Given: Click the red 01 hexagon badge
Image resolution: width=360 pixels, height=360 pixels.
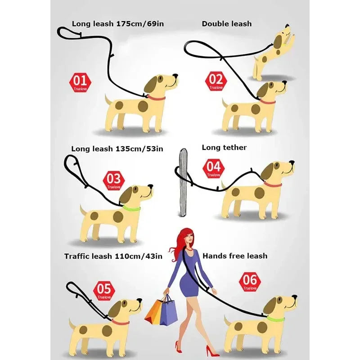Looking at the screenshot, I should (80, 82).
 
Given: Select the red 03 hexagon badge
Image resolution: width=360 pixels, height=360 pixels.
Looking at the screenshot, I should (114, 180).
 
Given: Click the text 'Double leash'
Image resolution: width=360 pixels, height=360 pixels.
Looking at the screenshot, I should (226, 23).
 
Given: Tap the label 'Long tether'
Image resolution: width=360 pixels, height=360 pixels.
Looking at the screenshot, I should (224, 147).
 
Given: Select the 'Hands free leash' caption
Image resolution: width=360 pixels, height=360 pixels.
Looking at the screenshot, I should (235, 256).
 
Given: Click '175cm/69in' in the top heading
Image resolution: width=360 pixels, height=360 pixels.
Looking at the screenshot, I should (139, 23).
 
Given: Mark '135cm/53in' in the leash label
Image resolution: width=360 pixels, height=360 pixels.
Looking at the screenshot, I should (139, 148).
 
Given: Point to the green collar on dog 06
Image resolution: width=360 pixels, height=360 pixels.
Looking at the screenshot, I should (275, 319).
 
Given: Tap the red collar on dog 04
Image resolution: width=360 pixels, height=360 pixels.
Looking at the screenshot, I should (273, 184).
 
